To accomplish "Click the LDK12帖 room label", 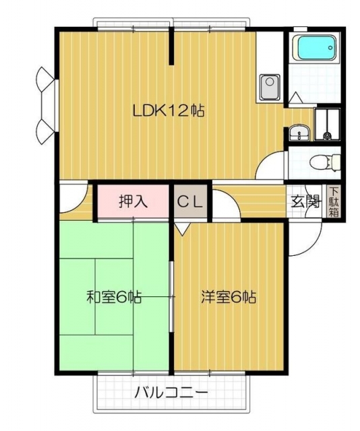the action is (169, 111).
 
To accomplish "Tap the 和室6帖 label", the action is (114, 297).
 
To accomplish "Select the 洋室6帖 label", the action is (229, 297).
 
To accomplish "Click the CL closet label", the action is (190, 202).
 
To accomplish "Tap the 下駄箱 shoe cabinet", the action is (334, 202).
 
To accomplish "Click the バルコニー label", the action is (171, 393).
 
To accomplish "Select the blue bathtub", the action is (318, 48).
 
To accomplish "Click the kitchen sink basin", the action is (270, 88).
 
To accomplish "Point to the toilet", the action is (325, 162).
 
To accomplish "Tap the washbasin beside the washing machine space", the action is (299, 133).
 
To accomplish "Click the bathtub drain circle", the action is (330, 48).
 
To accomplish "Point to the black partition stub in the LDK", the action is (171, 46).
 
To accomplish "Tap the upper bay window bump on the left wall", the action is (45, 79).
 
